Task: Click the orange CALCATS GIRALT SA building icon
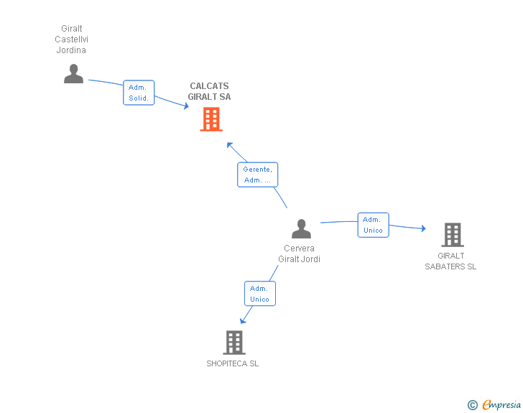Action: (210, 119)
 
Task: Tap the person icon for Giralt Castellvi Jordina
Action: (73, 73)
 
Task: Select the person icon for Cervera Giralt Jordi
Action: (301, 228)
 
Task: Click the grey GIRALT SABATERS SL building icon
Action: (452, 234)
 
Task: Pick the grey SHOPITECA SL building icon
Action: (233, 343)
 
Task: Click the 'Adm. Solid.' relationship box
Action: (139, 93)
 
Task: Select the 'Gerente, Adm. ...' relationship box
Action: (257, 175)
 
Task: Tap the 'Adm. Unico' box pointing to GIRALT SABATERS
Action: (373, 225)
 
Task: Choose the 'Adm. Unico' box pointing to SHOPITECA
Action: (259, 294)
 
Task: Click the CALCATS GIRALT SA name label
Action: (210, 91)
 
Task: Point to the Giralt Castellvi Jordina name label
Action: (72, 40)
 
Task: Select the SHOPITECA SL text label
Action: (232, 363)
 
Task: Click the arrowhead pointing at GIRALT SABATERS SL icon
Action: (424, 229)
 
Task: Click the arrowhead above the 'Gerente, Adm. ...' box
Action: (230, 145)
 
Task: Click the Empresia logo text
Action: (501, 405)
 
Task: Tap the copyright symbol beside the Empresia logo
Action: (472, 405)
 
